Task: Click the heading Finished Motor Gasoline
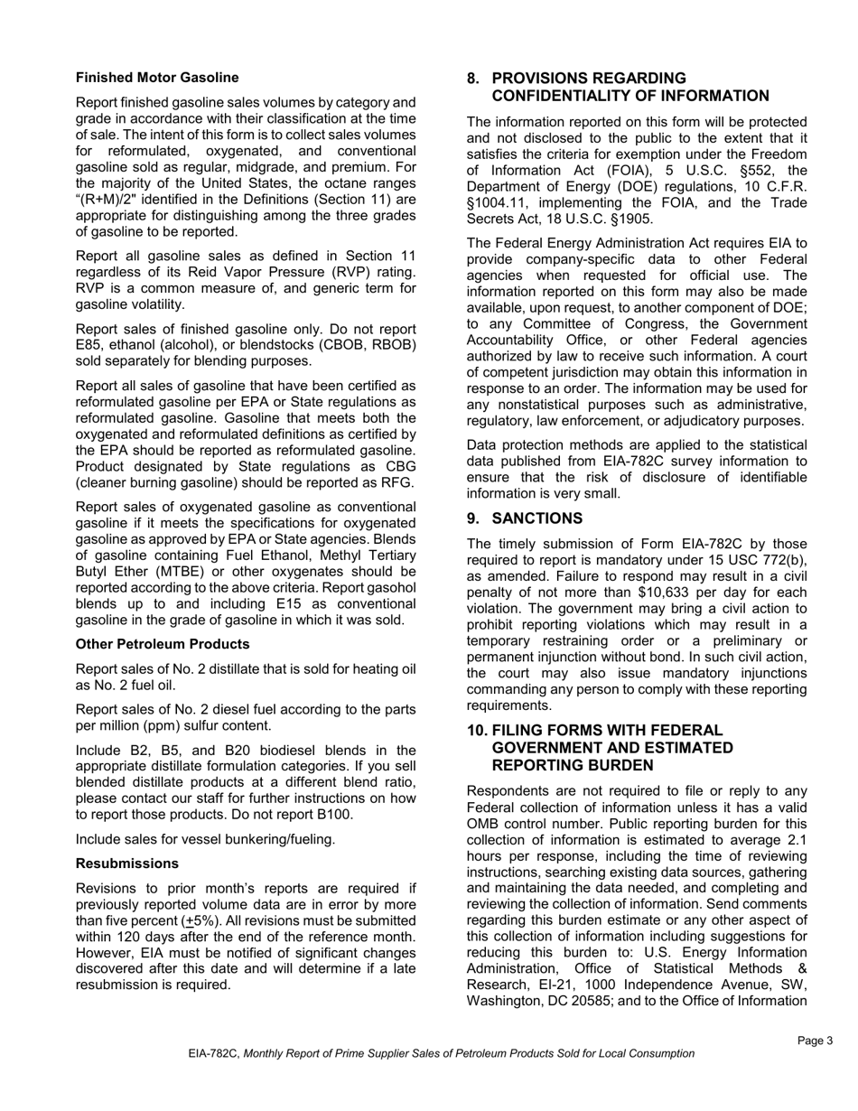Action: tap(157, 78)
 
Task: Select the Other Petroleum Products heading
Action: tap(163, 644)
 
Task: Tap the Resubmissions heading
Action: tap(126, 864)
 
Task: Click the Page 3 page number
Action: tap(815, 1041)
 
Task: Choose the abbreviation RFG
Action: tap(396, 482)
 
